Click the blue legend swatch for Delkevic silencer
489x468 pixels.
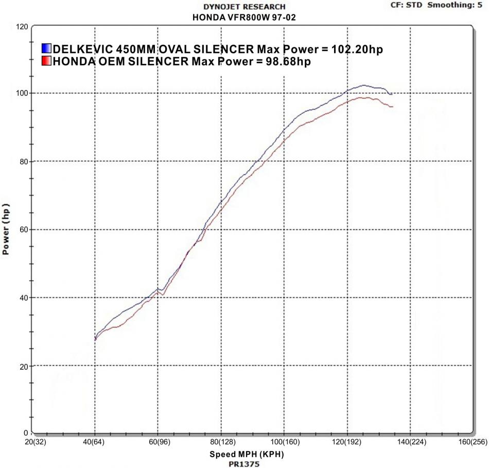(46, 49)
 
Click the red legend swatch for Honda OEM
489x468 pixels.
(46, 62)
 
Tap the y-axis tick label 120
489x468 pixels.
(22, 26)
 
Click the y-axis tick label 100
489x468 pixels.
(22, 93)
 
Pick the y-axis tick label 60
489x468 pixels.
(23, 230)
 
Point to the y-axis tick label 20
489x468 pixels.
(23, 366)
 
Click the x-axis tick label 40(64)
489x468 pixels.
(95, 442)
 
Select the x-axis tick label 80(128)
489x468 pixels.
(220, 442)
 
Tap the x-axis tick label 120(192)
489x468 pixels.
(346, 442)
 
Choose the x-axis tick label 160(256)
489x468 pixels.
(472, 442)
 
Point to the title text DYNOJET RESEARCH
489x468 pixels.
(244, 7)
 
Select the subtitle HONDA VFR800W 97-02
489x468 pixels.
(244, 17)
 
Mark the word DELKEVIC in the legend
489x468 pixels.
(82, 49)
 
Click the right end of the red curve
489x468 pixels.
(393, 107)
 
